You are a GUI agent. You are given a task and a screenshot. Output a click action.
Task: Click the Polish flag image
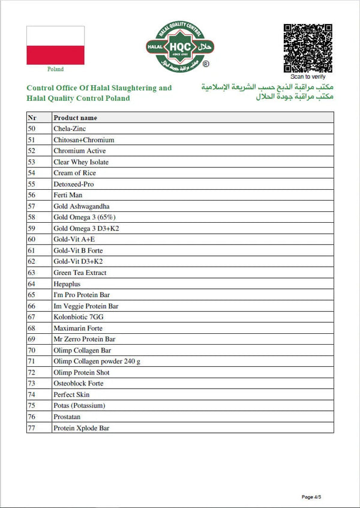[x=55, y=45]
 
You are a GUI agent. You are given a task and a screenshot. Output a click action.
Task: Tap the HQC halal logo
[x=180, y=47]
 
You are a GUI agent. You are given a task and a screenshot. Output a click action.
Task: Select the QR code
[x=308, y=48]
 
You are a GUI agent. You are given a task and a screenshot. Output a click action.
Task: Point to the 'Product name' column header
[x=75, y=118]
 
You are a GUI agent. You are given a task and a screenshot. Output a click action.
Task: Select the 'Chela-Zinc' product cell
[x=70, y=129]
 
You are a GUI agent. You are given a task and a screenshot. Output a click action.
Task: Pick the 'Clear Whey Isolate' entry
[x=81, y=162]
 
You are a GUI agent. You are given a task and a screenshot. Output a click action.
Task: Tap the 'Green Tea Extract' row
[x=80, y=273]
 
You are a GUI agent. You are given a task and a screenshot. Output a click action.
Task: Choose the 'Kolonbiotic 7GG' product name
[x=78, y=317]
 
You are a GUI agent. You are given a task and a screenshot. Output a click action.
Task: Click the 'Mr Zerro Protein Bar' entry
[x=84, y=339]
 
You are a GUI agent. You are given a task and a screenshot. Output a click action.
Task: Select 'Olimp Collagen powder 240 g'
[x=97, y=361]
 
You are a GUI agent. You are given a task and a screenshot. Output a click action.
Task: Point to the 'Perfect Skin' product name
[x=72, y=395]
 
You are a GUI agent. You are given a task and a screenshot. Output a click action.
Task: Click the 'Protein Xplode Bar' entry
[x=81, y=428]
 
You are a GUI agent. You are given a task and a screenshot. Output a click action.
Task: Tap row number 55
[x=32, y=184]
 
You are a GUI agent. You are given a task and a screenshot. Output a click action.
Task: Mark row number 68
[x=32, y=328]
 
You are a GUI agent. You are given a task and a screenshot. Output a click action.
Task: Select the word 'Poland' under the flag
[x=55, y=70]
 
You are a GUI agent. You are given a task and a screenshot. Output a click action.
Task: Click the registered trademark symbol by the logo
[x=206, y=64]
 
